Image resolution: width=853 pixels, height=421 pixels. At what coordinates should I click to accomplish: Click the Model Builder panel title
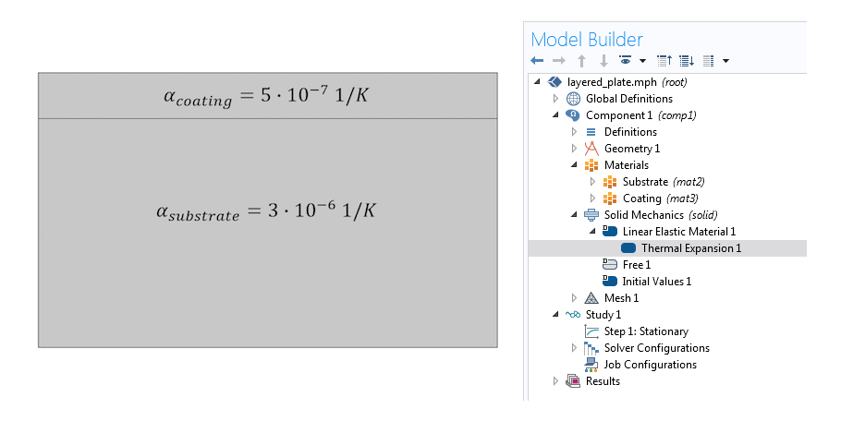tap(587, 40)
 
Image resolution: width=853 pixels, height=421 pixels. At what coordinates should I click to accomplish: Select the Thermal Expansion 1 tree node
tap(691, 248)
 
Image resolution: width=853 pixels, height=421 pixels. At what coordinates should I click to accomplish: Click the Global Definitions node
tap(628, 99)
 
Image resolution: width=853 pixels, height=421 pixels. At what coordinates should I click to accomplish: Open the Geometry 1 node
tap(631, 149)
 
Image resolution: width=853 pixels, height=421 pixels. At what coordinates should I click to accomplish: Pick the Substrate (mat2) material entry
tap(664, 182)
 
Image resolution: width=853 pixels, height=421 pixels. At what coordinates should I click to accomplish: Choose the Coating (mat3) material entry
tap(661, 198)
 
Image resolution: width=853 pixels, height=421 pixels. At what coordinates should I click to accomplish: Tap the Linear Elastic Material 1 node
tap(679, 232)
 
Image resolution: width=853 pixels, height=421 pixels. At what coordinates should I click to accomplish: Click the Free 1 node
tap(637, 265)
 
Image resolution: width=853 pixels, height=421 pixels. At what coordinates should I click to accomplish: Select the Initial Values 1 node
tap(656, 282)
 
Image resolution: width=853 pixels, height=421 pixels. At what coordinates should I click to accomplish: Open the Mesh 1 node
tap(621, 298)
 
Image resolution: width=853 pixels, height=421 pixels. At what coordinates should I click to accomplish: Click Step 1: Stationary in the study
tap(646, 331)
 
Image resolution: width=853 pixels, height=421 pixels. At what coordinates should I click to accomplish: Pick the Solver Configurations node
tap(656, 348)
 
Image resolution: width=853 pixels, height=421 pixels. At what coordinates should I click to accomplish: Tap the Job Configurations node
tap(650, 365)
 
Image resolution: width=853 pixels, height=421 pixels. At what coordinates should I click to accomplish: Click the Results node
tap(603, 381)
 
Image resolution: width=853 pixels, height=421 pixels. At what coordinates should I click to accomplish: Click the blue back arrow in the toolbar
tap(537, 61)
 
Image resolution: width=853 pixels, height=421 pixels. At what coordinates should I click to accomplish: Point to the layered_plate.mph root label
tap(612, 82)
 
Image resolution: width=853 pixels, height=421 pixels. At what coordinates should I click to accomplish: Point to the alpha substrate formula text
tap(266, 211)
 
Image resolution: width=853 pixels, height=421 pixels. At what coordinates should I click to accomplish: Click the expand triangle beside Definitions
tap(574, 132)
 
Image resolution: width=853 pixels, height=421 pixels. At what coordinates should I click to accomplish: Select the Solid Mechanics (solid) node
tap(661, 215)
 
